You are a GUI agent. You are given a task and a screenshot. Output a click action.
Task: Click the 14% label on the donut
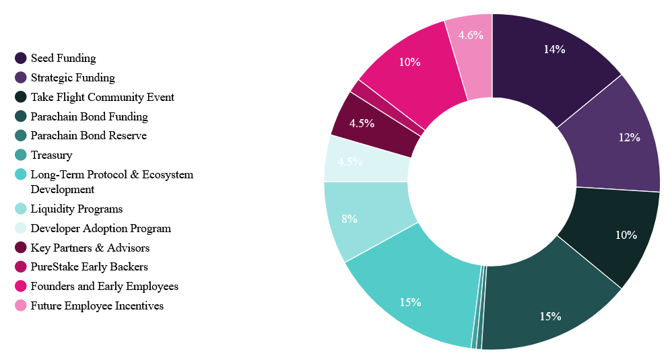[x=555, y=49]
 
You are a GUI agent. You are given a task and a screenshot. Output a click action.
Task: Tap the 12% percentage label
[x=629, y=137]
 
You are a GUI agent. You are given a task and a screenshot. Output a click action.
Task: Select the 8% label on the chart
[x=349, y=219]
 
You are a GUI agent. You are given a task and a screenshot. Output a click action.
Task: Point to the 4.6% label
[x=471, y=36]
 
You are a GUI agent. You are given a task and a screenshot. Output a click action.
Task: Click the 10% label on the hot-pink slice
[x=409, y=62]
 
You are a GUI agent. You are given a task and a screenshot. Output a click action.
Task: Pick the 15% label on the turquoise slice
[x=410, y=302]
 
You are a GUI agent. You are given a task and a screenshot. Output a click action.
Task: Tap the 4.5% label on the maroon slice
[x=362, y=123]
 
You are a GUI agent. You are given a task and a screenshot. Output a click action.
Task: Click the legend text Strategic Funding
[x=73, y=77]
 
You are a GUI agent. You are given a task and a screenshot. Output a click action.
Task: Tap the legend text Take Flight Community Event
[x=102, y=97]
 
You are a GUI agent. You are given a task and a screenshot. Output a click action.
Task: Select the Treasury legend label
[x=51, y=155]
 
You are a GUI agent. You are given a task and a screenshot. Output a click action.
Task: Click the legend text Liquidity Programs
[x=77, y=209]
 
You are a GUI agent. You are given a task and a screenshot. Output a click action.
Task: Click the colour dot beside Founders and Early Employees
[x=21, y=287]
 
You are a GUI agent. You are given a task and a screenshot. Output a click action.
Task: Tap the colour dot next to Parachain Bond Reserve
[x=21, y=136]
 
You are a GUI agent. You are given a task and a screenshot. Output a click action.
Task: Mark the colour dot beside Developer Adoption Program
[x=21, y=228]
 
